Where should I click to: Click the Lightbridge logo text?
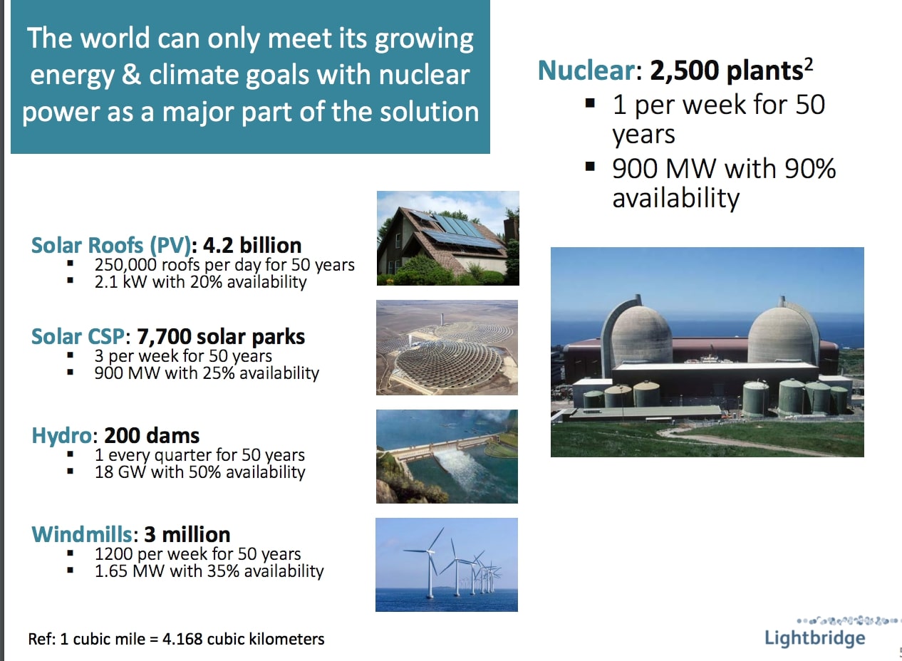pos(814,637)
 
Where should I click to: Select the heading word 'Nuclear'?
pos(585,71)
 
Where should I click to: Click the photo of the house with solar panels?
pos(447,238)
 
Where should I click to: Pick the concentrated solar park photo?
pos(447,348)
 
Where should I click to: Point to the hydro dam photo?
pos(447,457)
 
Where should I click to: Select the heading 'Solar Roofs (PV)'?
pos(111,246)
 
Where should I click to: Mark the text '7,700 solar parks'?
pos(226,336)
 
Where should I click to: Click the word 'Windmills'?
pos(82,534)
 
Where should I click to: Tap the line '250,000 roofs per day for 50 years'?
pos(224,265)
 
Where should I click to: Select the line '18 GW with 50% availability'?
pos(199,472)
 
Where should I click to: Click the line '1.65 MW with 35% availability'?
pos(209,571)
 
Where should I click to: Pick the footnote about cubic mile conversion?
pos(176,639)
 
